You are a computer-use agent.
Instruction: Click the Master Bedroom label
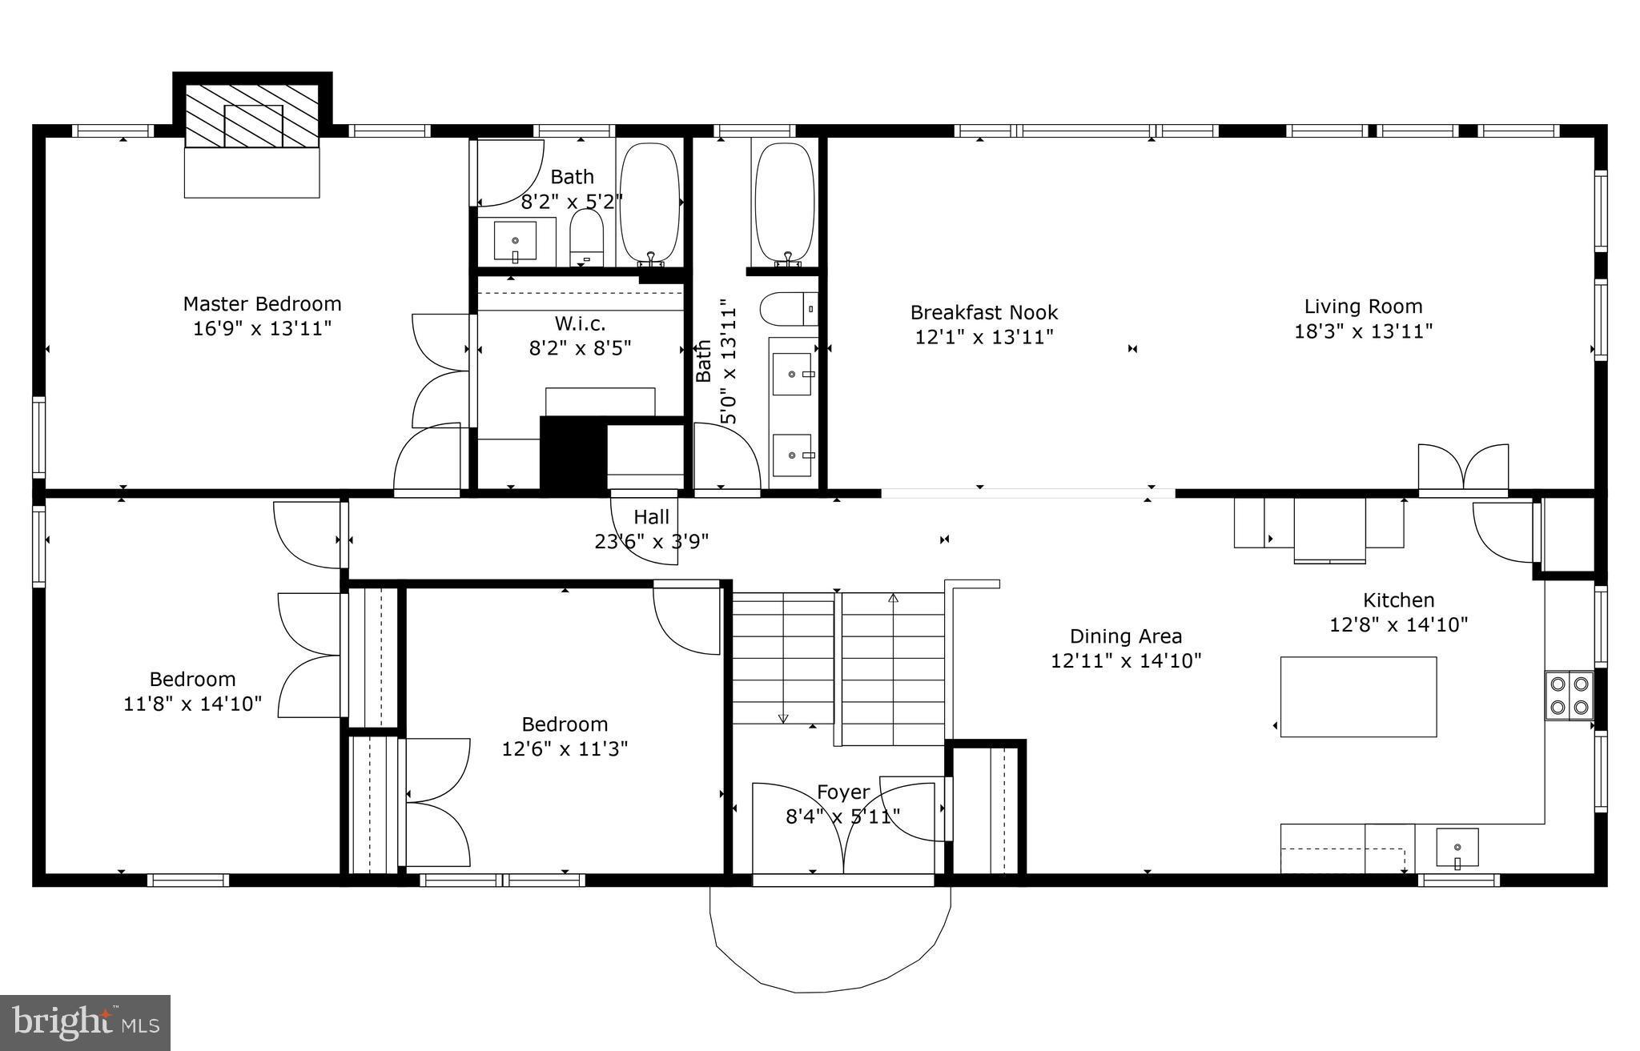coord(262,304)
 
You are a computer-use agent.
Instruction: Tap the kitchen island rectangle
coord(1358,696)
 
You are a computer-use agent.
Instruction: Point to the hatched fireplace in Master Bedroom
coord(252,116)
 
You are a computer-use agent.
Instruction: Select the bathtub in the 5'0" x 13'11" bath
coord(784,202)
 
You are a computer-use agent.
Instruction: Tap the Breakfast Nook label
coord(983,312)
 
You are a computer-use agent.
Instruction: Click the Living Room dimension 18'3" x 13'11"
coord(1363,331)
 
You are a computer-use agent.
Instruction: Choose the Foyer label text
coord(842,792)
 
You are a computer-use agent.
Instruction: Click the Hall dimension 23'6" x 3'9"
coord(651,542)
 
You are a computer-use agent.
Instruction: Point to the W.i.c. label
coord(580,323)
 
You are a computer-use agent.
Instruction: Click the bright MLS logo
coord(85,1022)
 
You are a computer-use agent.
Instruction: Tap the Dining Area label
coord(1125,636)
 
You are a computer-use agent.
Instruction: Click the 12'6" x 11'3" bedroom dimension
coord(565,749)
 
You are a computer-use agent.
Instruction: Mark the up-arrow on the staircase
coord(893,598)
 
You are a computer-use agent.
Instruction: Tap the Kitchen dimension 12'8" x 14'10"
coord(1398,624)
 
